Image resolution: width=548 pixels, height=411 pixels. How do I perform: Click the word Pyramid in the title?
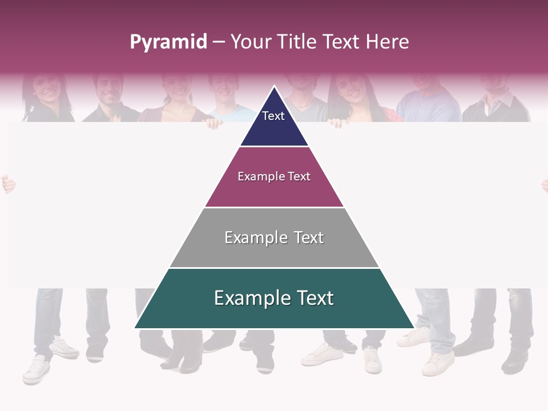[168, 42]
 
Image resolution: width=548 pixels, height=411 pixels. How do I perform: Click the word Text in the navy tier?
[273, 116]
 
